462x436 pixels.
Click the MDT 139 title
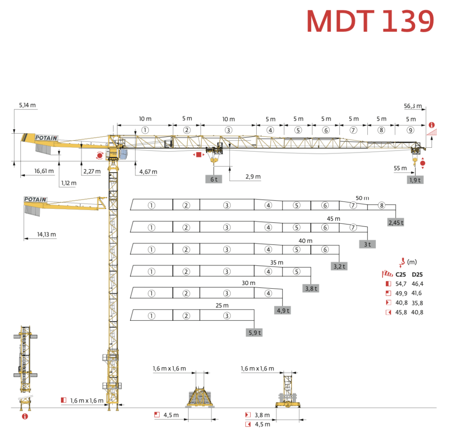pyautogui.click(x=370, y=21)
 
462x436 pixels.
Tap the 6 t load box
pyautogui.click(x=214, y=179)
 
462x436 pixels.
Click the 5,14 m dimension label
pyautogui.click(x=27, y=105)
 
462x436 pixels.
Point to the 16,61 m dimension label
pyautogui.click(x=44, y=171)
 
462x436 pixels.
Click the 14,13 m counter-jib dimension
pyautogui.click(x=46, y=234)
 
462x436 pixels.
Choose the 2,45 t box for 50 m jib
pyautogui.click(x=396, y=222)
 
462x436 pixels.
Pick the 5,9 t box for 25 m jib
pyautogui.click(x=254, y=333)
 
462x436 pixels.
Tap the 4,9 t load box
pyautogui.click(x=282, y=310)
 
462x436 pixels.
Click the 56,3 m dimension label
pyautogui.click(x=413, y=107)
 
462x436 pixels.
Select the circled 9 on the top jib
pyautogui.click(x=410, y=130)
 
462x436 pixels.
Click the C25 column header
pyautogui.click(x=400, y=274)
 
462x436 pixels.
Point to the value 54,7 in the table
pyautogui.click(x=401, y=284)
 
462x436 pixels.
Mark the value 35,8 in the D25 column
pyautogui.click(x=417, y=303)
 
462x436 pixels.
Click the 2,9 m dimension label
pyautogui.click(x=253, y=177)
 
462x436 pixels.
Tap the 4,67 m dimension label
pyautogui.click(x=148, y=172)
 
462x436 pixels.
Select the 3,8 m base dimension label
pyautogui.click(x=262, y=415)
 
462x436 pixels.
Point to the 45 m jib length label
pyautogui.click(x=334, y=219)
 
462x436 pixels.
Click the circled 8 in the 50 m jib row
pyautogui.click(x=381, y=206)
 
